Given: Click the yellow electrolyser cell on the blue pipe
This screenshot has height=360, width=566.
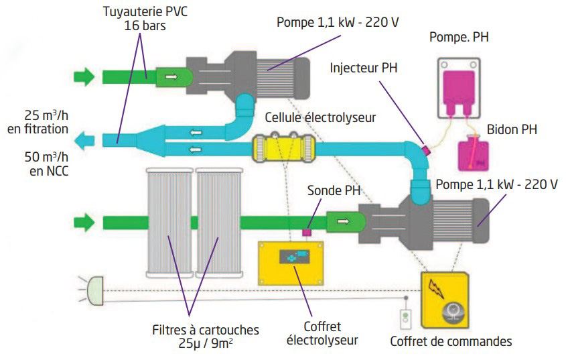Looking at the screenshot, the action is coord(283,148).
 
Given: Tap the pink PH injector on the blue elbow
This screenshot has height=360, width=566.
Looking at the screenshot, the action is coord(426,149).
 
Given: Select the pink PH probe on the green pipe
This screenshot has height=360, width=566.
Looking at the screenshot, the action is coord(307,232).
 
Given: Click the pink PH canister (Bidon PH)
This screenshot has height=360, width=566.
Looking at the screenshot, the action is coord(474,154).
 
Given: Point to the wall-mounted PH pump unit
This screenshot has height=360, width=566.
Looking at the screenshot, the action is coord(459,88).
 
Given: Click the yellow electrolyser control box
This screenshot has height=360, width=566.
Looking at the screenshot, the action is coord(291,263).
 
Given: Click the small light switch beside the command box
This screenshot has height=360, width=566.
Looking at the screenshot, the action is coord(406,320).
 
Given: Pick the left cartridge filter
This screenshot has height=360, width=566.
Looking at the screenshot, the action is coord(169,223).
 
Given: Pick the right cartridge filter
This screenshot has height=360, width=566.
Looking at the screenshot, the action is coord(219,223).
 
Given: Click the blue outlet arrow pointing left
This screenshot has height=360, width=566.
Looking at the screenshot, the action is coord(84,140).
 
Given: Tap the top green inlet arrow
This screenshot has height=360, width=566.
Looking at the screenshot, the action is coord(84,76).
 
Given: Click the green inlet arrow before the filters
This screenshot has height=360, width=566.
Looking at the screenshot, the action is coord(84,222).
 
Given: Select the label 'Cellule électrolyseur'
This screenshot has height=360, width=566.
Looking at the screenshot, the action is coord(320,117).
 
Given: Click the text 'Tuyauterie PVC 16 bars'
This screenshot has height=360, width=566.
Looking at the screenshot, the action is coord(145,18).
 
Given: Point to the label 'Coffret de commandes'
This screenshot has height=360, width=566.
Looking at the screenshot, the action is coord(451,341).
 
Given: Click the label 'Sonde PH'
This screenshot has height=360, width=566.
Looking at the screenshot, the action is coord(334,190).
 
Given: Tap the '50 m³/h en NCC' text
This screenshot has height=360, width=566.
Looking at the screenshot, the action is coord(47,164).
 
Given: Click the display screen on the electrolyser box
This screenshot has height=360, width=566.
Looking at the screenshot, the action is coord(295,257).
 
